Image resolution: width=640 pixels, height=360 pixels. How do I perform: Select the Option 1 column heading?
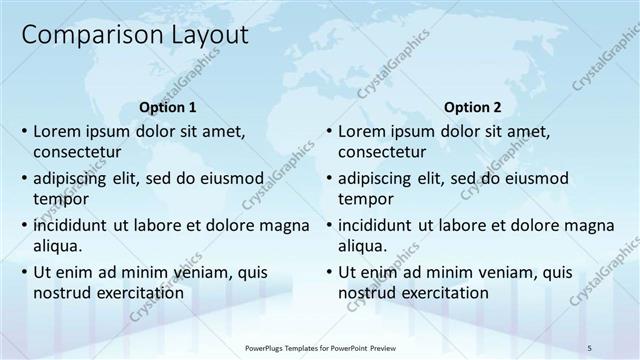click(166, 107)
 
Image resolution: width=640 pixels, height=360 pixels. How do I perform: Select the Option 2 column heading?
click(473, 107)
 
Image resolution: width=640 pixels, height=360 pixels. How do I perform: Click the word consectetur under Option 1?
click(77, 152)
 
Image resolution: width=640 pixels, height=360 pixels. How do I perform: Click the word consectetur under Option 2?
click(382, 152)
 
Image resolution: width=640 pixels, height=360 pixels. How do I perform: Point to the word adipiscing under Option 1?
click(75, 178)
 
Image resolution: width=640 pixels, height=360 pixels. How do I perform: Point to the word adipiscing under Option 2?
click(380, 178)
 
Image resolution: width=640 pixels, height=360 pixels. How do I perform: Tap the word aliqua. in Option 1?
click(57, 246)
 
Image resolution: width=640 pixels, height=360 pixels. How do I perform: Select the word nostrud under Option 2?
click(366, 293)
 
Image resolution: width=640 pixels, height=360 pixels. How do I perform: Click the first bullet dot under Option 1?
click(24, 132)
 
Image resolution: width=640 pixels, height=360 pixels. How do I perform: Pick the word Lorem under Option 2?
click(360, 131)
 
